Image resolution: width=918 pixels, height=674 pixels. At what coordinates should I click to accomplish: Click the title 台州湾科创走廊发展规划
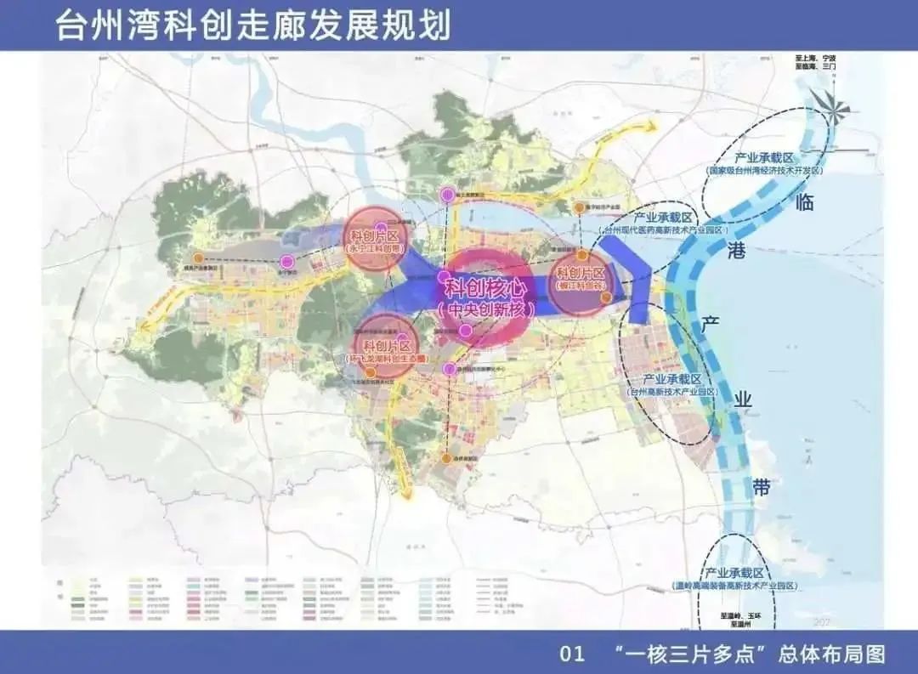pyautogui.click(x=252, y=25)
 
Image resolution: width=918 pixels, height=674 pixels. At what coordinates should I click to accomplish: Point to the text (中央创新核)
pyautogui.click(x=485, y=310)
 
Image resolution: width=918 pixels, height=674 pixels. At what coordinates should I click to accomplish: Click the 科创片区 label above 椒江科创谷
pyautogui.click(x=580, y=273)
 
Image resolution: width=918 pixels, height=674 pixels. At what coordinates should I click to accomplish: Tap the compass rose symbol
pyautogui.click(x=829, y=105)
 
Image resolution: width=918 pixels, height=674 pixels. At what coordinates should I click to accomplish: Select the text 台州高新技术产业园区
pyautogui.click(x=672, y=392)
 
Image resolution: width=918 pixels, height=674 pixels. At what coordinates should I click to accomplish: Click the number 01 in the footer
pyautogui.click(x=572, y=654)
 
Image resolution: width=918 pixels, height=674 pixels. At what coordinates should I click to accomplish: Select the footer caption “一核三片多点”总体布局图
pyautogui.click(x=749, y=654)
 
